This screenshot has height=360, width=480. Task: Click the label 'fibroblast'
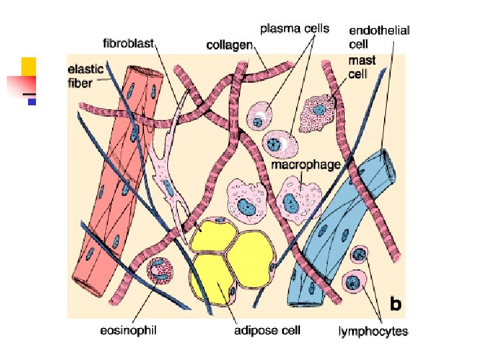pos(129,43)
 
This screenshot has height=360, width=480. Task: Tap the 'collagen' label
pos(229,45)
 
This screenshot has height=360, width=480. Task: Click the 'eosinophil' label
pos(129,330)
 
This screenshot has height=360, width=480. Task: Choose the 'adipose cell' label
pos(267,330)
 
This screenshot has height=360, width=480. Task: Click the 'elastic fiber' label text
pos(85,73)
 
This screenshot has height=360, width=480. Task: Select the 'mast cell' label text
pos(363,67)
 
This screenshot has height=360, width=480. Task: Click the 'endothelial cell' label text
pos(379,37)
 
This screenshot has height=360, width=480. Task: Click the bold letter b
pos(395,305)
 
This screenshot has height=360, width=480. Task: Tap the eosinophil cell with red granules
pos(161,271)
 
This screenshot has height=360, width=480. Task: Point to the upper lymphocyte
pos(360,255)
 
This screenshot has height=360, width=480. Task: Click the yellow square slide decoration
pos(28,66)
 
